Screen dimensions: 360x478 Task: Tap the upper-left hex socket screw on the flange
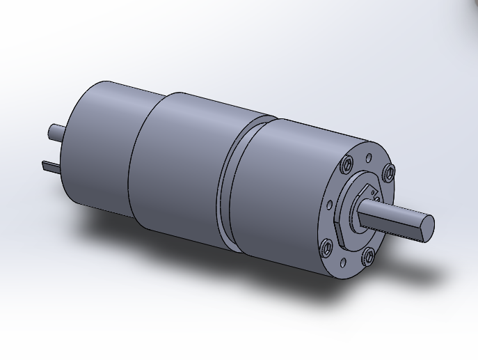pos(346,165)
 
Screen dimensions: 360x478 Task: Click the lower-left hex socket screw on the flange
pos(326,246)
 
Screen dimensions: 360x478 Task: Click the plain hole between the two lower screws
pos(344,262)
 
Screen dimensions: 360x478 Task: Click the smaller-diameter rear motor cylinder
pos(97,146)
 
